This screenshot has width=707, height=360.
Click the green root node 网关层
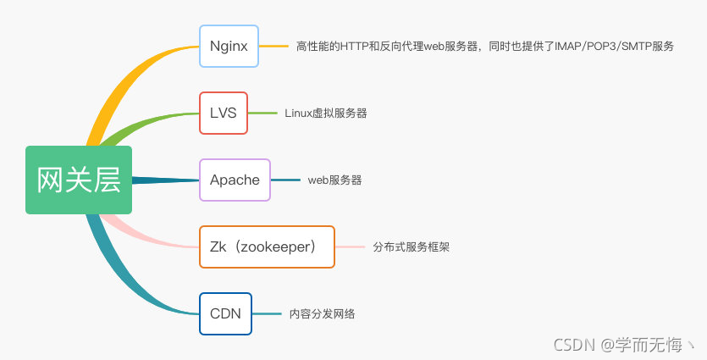click(79, 180)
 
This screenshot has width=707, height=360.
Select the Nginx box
click(229, 46)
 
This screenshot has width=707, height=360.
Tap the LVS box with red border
click(224, 113)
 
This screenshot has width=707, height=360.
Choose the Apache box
click(235, 180)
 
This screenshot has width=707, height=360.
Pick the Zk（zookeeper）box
click(267, 246)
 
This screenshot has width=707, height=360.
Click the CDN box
click(225, 313)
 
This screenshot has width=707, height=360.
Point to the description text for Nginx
click(484, 47)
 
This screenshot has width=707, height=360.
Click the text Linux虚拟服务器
click(326, 113)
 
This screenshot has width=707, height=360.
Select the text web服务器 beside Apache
click(334, 180)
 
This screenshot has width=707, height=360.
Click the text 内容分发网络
click(322, 314)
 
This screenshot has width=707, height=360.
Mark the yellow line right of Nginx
click(273, 46)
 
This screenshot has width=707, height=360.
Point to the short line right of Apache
click(285, 180)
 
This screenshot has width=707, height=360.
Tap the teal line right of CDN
click(267, 313)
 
